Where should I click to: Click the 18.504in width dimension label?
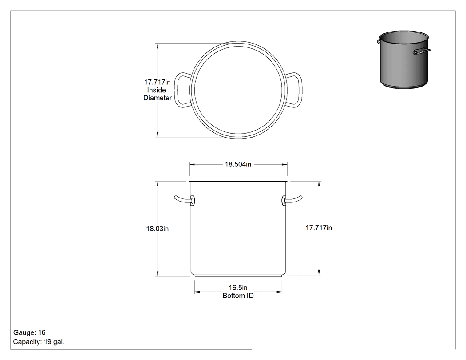[238, 164]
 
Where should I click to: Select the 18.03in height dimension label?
[157, 229]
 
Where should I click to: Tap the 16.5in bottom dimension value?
[238, 288]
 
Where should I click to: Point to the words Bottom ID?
[238, 296]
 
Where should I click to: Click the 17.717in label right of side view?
[319, 228]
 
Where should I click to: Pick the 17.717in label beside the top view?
[157, 82]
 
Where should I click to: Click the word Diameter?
[158, 98]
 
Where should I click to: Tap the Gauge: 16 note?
[29, 332]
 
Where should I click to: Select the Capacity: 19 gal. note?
[39, 342]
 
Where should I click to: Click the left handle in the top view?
[176, 90]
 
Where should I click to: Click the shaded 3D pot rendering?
[404, 59]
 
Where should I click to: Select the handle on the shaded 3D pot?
[422, 52]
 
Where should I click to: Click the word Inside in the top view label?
[157, 90]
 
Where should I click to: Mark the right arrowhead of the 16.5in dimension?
[279, 292]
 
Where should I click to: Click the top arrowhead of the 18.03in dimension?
[158, 184]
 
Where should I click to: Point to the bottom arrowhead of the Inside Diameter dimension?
[158, 134]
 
